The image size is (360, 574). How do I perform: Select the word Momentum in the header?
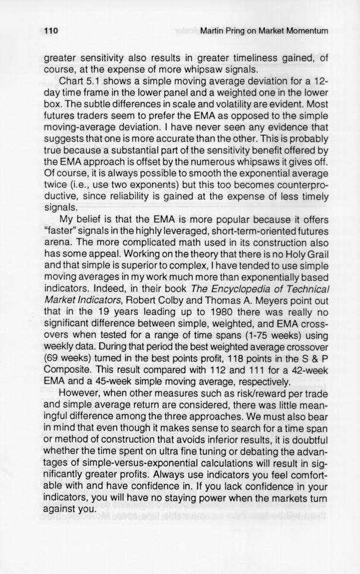click(x=306, y=30)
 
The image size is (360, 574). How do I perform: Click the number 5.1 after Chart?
click(x=99, y=81)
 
